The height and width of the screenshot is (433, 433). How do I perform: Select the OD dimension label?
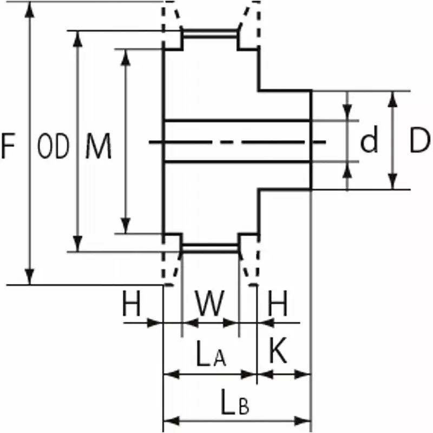click(x=54, y=147)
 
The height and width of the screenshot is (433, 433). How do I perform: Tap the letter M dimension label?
click(x=99, y=147)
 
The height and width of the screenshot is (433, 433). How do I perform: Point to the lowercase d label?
click(x=369, y=142)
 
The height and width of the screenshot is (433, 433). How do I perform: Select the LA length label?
click(x=211, y=356)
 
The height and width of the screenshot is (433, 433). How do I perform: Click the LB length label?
click(x=235, y=403)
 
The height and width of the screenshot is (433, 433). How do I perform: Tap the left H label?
click(x=132, y=305)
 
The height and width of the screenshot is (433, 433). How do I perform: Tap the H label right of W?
click(x=278, y=305)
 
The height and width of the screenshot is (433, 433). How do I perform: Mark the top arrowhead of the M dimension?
click(x=126, y=56)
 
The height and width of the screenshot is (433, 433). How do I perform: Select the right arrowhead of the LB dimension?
click(x=304, y=421)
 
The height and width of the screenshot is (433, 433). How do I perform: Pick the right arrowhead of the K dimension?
click(x=304, y=373)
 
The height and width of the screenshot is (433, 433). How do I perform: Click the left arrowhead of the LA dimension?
click(x=170, y=373)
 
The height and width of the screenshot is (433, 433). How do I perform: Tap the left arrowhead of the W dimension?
click(x=189, y=323)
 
